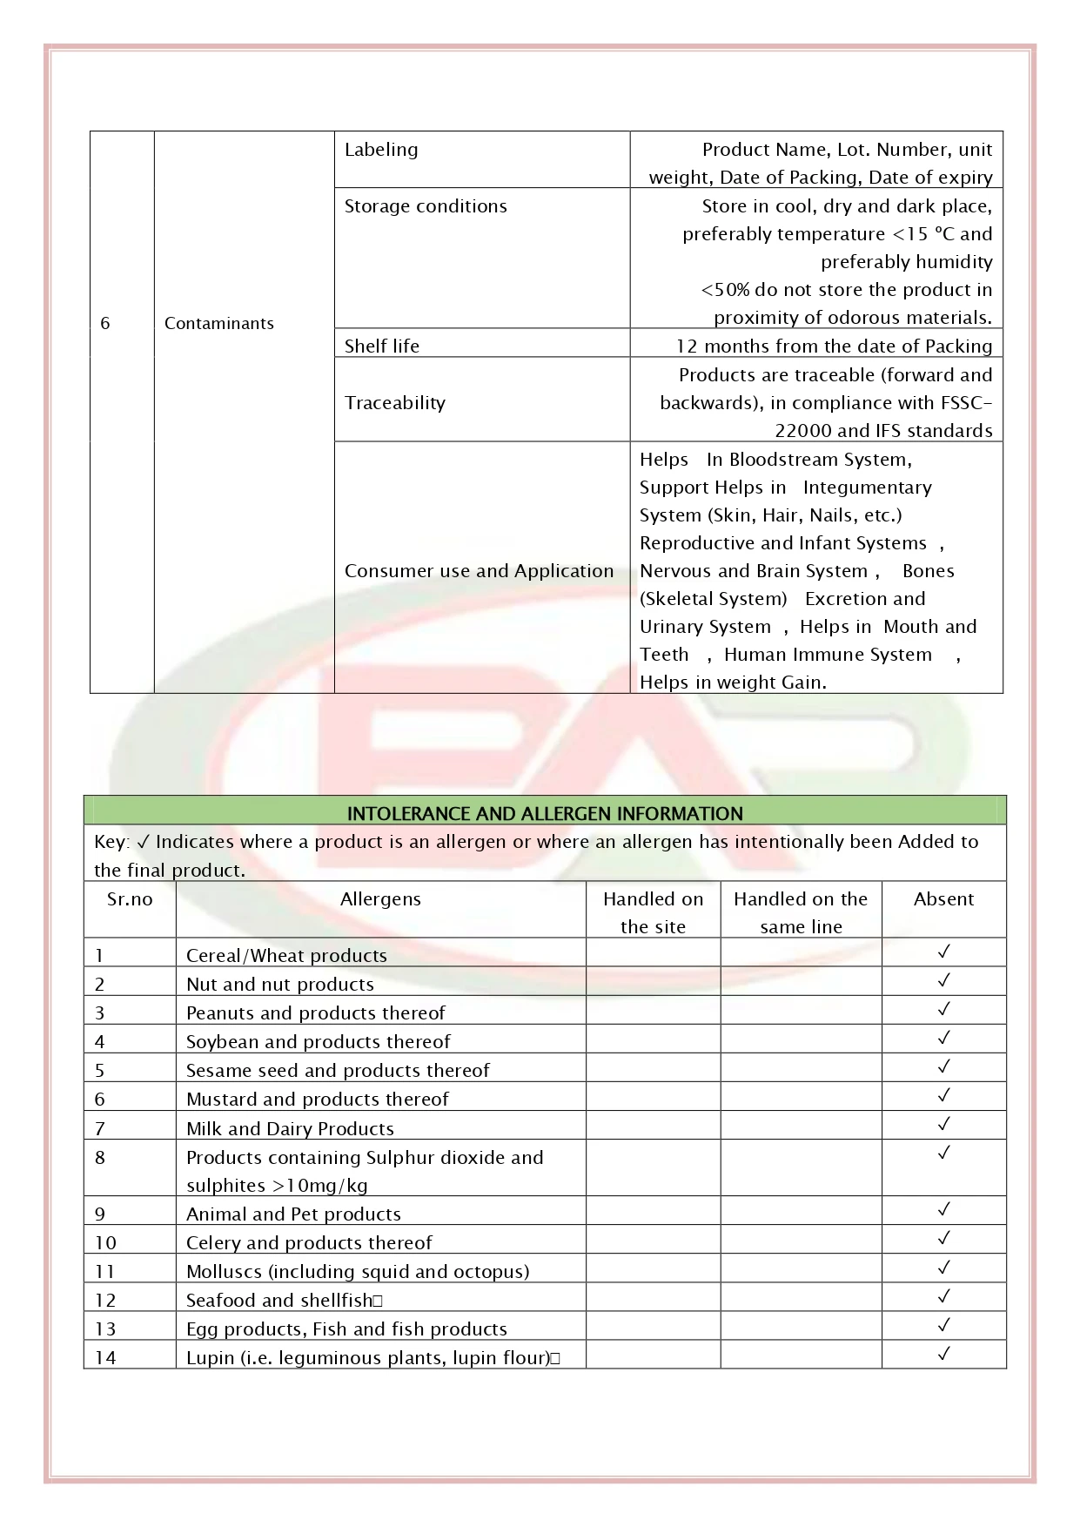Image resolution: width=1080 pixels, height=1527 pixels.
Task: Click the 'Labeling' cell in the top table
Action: coord(381,150)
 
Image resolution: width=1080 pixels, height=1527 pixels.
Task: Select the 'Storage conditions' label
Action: coord(426,206)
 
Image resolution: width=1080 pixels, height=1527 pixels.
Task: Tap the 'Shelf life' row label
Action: coord(382,346)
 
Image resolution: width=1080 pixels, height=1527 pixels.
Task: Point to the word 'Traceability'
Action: coord(395,403)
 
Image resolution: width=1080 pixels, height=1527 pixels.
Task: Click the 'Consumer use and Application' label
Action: coord(479,571)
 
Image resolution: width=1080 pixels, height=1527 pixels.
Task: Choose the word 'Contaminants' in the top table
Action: coord(219,324)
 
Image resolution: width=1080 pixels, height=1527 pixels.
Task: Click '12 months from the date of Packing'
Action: coord(834,346)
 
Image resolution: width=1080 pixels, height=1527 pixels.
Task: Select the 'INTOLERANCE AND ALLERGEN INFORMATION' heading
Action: coord(545,814)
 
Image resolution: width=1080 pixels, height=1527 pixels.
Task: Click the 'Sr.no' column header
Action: coord(130,899)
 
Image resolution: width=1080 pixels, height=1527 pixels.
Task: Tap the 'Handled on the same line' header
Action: coord(801,912)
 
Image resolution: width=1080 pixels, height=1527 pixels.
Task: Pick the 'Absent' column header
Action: coord(943,899)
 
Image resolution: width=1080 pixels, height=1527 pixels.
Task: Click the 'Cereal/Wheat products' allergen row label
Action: coord(286,956)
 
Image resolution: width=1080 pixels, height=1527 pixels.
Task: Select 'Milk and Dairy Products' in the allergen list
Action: coord(290,1129)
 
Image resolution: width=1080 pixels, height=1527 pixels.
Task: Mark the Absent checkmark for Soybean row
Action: coord(943,1038)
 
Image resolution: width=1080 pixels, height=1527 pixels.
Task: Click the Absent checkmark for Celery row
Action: coord(943,1238)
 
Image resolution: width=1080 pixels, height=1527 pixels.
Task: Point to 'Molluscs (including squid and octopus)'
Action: coord(358,1272)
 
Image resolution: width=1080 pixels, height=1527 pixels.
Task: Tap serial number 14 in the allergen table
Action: coord(105,1358)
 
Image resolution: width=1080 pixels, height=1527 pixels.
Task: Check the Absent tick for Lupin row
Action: coord(943,1354)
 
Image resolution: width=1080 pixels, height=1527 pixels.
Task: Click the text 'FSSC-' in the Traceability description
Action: coord(966,403)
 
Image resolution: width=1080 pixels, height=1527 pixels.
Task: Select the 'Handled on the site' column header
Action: coord(653,912)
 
